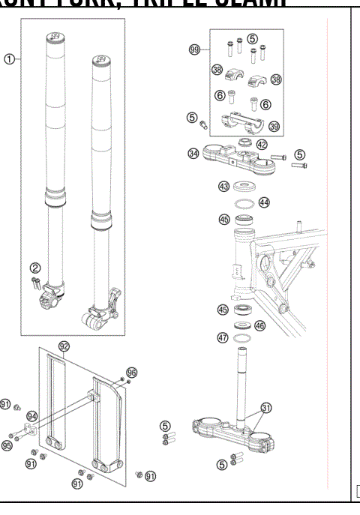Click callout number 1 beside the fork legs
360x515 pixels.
coord(9,59)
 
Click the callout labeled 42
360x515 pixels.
coord(262,144)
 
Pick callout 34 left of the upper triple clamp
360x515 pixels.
coord(193,154)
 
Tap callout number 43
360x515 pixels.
coord(223,186)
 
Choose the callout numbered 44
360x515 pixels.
coord(264,202)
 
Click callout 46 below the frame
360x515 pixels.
coord(259,325)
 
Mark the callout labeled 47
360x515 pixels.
coord(223,338)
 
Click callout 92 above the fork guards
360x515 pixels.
coord(64,346)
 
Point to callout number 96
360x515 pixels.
coord(133,372)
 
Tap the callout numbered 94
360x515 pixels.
coord(32,415)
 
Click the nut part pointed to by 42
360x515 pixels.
coord(245,142)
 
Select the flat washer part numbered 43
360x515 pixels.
coord(244,187)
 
